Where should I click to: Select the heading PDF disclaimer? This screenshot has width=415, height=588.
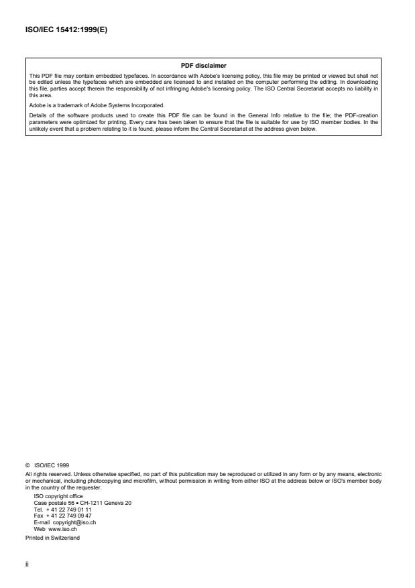[204, 66]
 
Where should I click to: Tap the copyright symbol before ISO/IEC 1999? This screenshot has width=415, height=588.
[27, 464]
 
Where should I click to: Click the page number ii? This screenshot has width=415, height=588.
[27, 563]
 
